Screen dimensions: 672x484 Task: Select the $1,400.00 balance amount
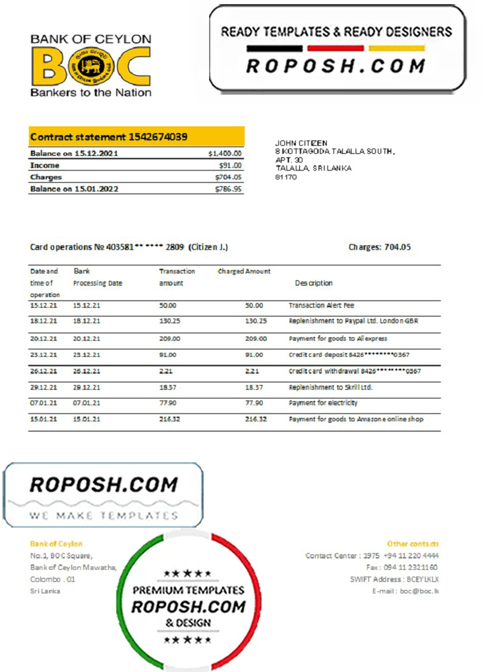click(225, 154)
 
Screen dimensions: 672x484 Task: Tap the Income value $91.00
click(230, 165)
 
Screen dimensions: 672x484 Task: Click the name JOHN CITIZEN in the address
click(301, 143)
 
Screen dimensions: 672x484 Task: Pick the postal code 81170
click(286, 177)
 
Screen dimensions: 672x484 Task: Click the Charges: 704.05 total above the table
click(379, 247)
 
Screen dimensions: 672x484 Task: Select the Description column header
click(313, 283)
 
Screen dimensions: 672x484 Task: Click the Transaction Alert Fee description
click(321, 306)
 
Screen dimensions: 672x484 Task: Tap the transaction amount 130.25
click(169, 321)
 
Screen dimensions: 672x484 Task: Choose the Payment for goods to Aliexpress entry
click(337, 339)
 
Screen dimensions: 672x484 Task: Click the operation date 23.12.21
click(44, 355)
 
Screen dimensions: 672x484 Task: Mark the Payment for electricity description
click(323, 403)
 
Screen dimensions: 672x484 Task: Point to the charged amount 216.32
click(255, 419)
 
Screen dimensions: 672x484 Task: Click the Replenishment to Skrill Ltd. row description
click(331, 388)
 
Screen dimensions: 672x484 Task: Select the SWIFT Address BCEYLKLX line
click(394, 579)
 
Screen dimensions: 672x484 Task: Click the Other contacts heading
click(413, 544)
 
